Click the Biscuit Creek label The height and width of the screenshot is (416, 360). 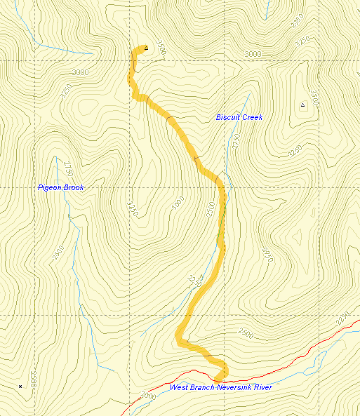tap(239, 117)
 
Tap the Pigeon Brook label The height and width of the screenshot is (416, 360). tap(60, 188)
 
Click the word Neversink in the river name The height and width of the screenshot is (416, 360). tap(228, 387)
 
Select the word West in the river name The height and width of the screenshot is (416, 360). tap(178, 387)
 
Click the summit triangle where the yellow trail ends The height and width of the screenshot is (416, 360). tap(146, 48)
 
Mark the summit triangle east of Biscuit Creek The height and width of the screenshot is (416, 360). tap(302, 105)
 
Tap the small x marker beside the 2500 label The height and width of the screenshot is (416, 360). tap(20, 387)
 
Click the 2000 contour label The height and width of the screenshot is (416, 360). tap(148, 396)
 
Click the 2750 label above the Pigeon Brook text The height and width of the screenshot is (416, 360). tap(67, 168)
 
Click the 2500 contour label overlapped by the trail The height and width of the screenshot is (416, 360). tap(212, 209)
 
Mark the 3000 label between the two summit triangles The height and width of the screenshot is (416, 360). tap(252, 54)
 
